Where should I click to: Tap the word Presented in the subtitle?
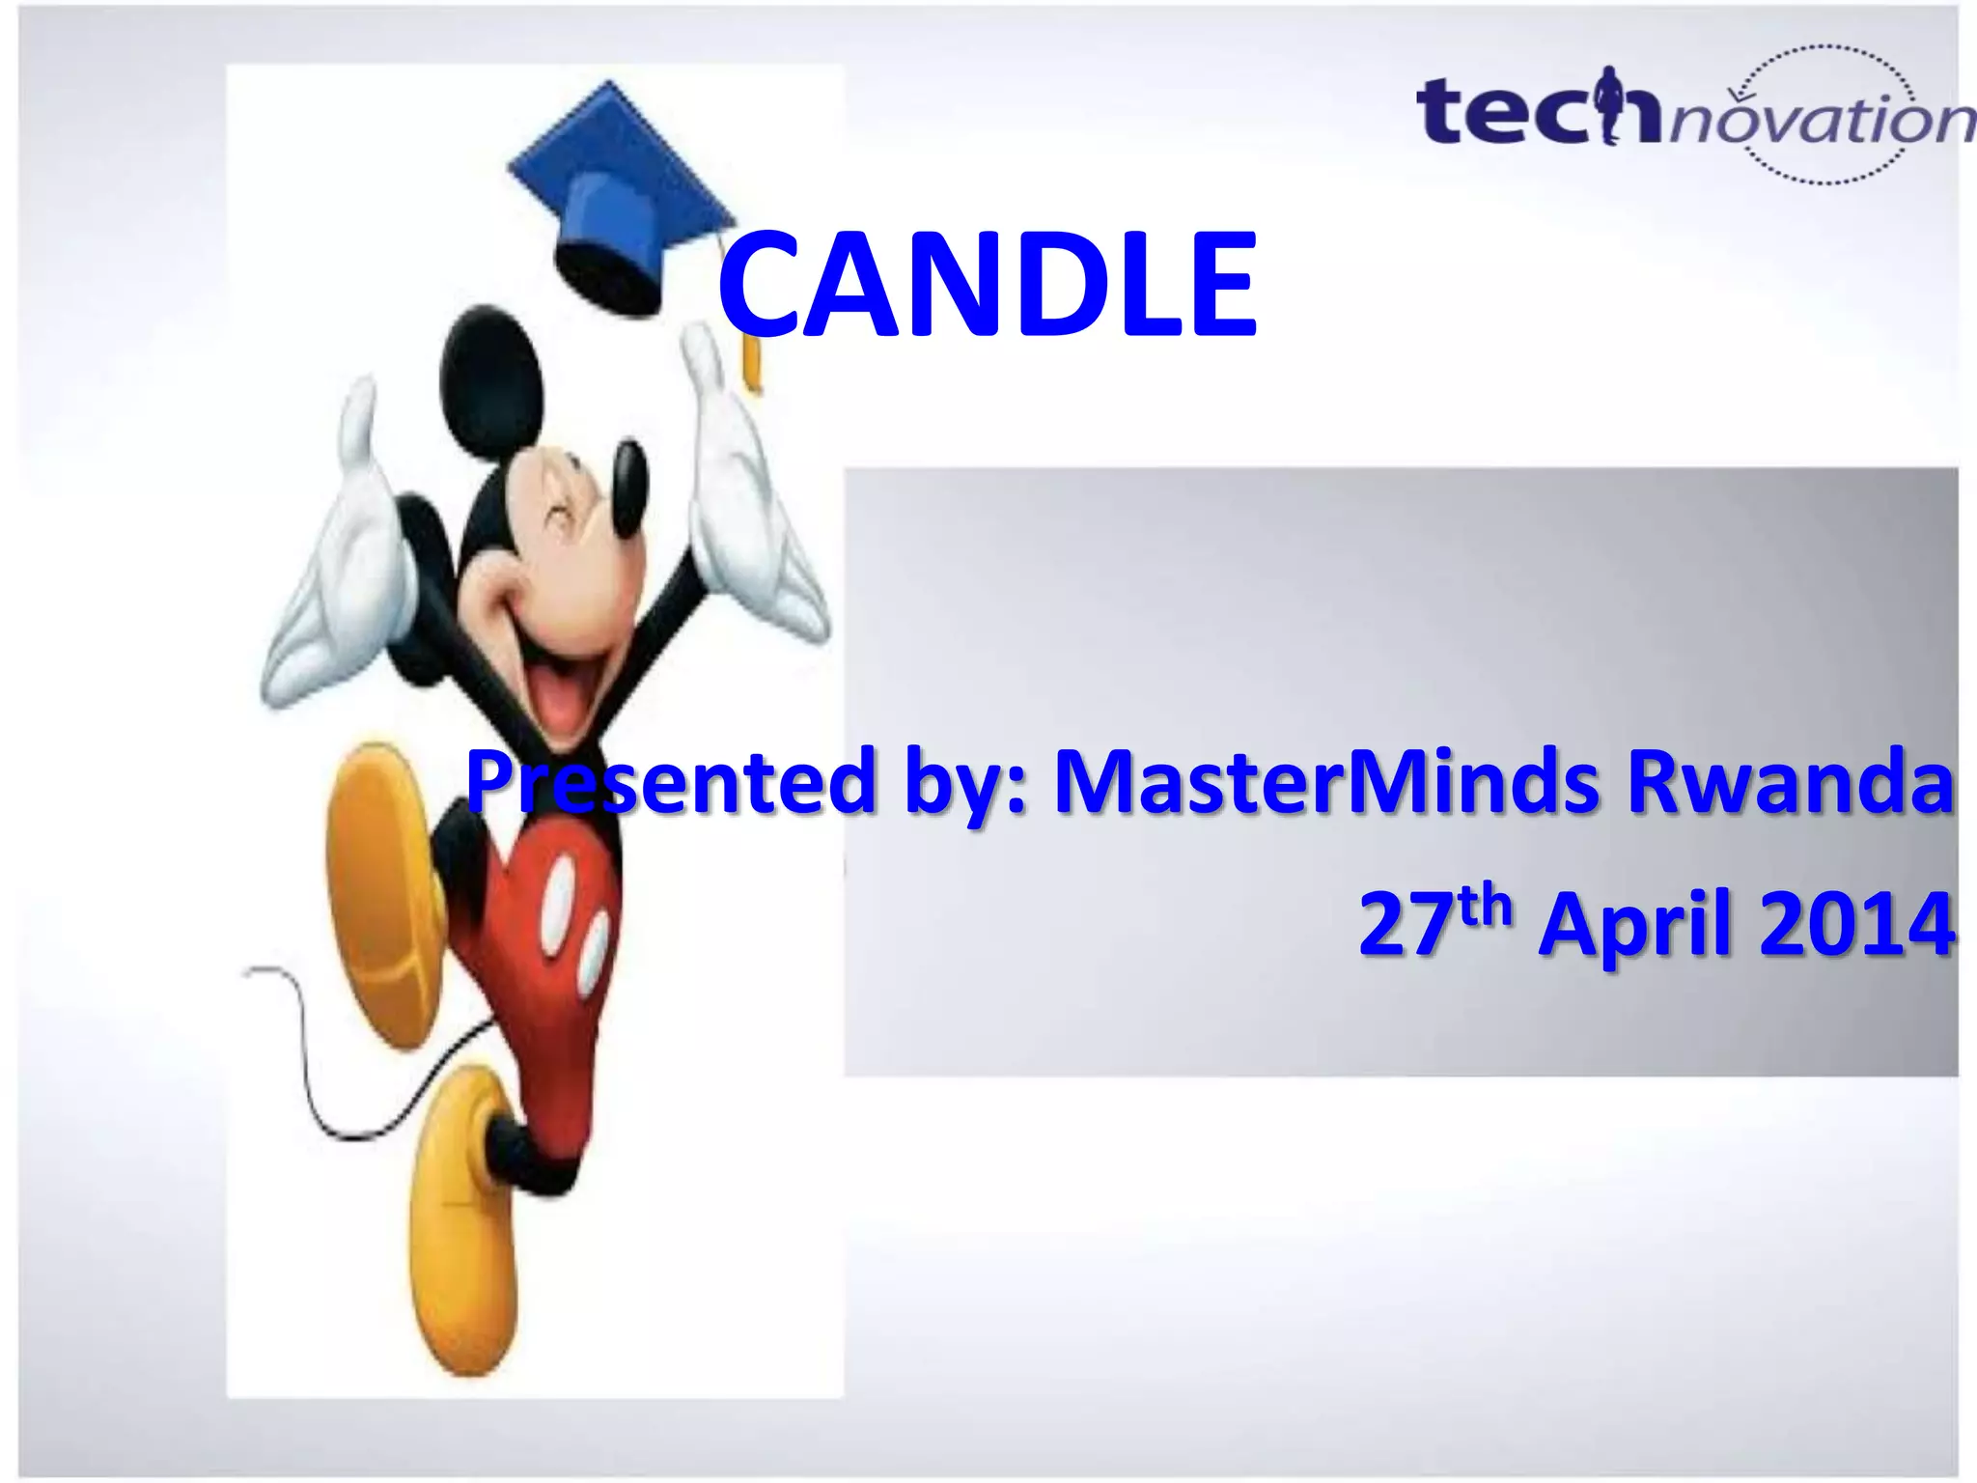[671, 782]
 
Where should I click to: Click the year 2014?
[1857, 925]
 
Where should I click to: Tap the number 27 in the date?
[1405, 925]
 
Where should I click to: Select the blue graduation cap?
[618, 193]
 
